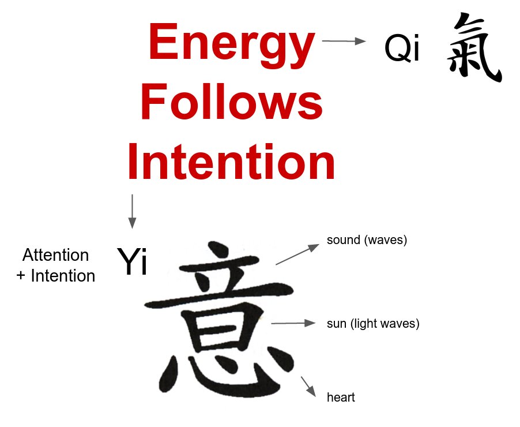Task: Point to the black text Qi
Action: (402, 50)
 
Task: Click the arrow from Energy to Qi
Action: (344, 41)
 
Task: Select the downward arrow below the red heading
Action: (132, 211)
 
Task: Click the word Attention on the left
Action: (55, 255)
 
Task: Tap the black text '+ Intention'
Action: (55, 276)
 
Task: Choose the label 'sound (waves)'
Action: (367, 240)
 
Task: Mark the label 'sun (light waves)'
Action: (373, 324)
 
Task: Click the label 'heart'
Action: (341, 398)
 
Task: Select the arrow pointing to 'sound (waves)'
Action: (297, 254)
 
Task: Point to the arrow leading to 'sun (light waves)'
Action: (293, 323)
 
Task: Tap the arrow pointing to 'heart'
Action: (308, 386)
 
